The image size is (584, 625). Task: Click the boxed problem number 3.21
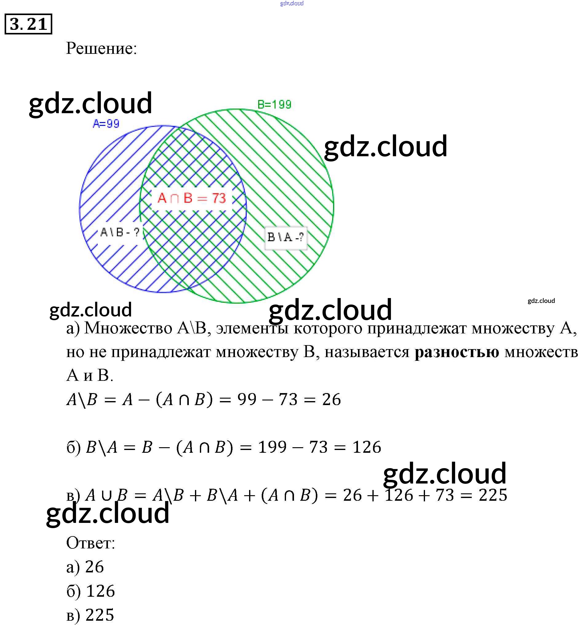click(28, 24)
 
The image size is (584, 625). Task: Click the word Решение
click(101, 48)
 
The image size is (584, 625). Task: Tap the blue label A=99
click(106, 124)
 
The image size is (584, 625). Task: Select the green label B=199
click(274, 104)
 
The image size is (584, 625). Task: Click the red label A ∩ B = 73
click(192, 198)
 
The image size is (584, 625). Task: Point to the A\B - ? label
click(119, 232)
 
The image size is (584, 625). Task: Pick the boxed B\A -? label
click(285, 237)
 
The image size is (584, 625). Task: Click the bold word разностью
click(456, 352)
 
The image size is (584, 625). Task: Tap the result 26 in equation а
click(331, 400)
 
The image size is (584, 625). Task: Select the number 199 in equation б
click(272, 447)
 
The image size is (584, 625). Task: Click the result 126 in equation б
click(367, 447)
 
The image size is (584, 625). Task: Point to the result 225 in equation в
click(493, 495)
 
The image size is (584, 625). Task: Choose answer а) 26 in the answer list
click(85, 567)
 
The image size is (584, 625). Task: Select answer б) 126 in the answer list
click(90, 591)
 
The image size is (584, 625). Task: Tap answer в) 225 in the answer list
click(90, 615)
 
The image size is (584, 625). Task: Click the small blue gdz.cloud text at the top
click(292, 3)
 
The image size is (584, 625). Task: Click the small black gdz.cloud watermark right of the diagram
click(541, 301)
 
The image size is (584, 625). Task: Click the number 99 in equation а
click(247, 400)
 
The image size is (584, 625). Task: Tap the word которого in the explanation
click(328, 328)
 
